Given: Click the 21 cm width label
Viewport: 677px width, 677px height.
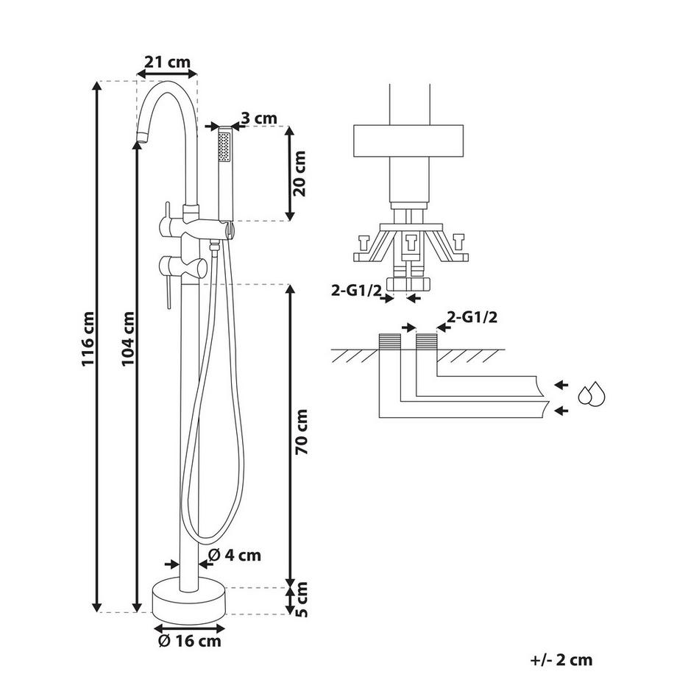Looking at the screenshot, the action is click(167, 62).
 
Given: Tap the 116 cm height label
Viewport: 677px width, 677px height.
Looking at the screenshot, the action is click(88, 339).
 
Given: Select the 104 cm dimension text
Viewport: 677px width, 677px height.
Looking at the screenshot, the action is click(128, 339).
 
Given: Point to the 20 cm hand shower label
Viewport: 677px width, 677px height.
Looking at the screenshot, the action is click(299, 174).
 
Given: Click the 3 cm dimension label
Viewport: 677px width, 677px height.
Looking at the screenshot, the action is click(259, 118).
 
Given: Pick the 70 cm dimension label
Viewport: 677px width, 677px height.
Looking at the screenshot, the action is click(301, 432).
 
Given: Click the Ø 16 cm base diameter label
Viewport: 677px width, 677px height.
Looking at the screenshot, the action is click(190, 641).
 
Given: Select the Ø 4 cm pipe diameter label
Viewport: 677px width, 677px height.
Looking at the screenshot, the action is click(235, 555).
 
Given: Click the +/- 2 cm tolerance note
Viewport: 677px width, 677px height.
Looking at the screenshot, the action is click(561, 660).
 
